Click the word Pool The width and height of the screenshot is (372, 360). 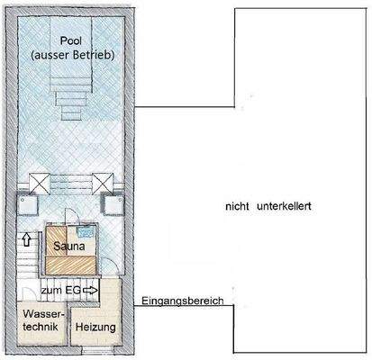coord(69,41)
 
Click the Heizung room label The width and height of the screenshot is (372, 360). coord(95,328)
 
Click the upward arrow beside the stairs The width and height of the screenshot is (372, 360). coord(26,241)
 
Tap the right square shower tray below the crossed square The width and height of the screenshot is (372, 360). coord(113,206)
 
